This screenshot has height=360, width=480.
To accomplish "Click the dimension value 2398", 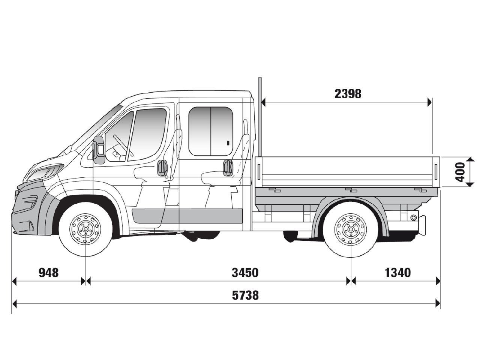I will [x=348, y=93].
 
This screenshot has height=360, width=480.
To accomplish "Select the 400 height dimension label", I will [x=460, y=172].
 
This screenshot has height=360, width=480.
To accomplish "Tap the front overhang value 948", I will [x=49, y=273].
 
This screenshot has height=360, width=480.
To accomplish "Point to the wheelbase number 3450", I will [x=245, y=273].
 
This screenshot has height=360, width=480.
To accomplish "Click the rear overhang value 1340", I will [x=397, y=273].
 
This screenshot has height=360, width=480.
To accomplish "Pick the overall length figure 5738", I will [x=245, y=295].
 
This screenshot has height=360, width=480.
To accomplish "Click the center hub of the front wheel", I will [x=86, y=229].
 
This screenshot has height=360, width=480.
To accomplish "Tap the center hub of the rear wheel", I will [x=351, y=229].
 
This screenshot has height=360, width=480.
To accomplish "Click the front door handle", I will [x=162, y=167].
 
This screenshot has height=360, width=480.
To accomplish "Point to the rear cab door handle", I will [x=227, y=167].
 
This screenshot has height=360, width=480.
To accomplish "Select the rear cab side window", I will [x=210, y=131].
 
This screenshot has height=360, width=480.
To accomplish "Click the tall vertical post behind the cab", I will [x=259, y=116].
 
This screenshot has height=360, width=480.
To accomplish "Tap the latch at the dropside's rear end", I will [x=436, y=170].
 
